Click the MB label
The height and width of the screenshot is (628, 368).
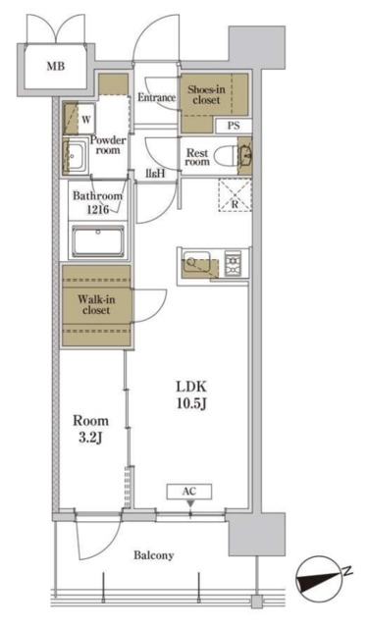point(56,66)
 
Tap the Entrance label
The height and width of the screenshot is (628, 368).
point(157,97)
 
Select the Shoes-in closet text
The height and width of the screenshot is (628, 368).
point(206,94)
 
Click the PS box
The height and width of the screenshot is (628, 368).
point(234,126)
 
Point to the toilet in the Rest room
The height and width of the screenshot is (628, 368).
point(226,156)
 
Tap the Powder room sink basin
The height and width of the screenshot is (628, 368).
point(74,157)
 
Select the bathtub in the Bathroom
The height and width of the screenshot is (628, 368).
point(98,241)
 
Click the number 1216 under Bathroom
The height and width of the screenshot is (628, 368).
point(98,209)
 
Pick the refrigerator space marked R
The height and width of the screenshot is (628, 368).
point(236,195)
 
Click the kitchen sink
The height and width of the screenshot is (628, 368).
point(196,261)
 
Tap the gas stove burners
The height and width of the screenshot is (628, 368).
point(233,263)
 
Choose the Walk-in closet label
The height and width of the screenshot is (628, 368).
point(96,305)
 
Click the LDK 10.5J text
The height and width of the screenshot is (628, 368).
point(191,395)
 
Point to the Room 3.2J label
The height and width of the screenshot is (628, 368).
point(90,429)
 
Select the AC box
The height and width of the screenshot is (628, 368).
point(189,492)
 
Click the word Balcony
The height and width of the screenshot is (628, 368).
point(154,556)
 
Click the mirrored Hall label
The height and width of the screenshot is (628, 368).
point(155,174)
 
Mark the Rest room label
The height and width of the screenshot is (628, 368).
point(197,157)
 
